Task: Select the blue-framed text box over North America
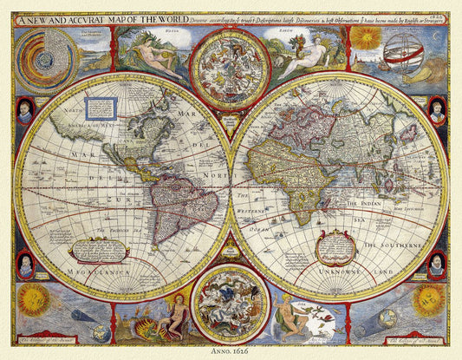pos(101,108)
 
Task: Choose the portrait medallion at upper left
pos(24,111)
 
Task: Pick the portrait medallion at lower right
pos(437,263)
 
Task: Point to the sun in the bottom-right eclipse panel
pos(428,301)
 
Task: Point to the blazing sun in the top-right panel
pos(364,37)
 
